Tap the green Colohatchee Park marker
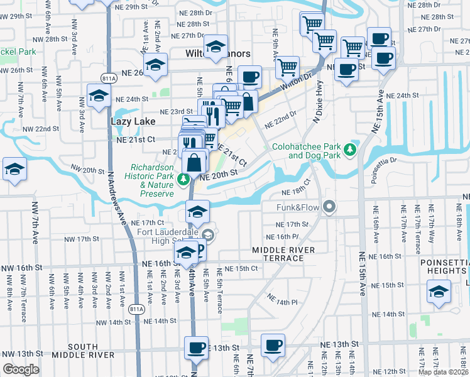(x=351, y=150)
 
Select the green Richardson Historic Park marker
(x=183, y=180)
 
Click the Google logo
(x=21, y=369)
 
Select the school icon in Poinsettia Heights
(x=438, y=291)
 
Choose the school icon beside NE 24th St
(x=99, y=96)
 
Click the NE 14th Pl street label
(x=282, y=299)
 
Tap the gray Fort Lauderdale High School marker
(x=210, y=236)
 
